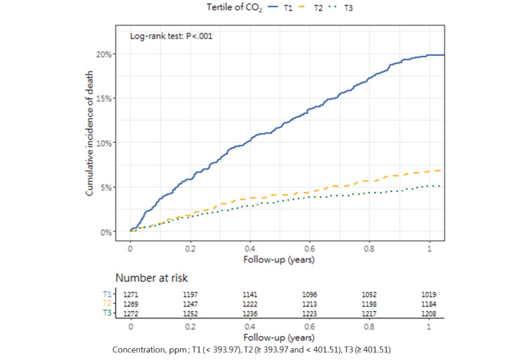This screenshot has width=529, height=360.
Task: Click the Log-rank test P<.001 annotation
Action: point(172,36)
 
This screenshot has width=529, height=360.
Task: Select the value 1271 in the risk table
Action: point(130,296)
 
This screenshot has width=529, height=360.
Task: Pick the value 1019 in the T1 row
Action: point(430,296)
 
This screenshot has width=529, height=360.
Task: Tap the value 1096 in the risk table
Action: point(310,296)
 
